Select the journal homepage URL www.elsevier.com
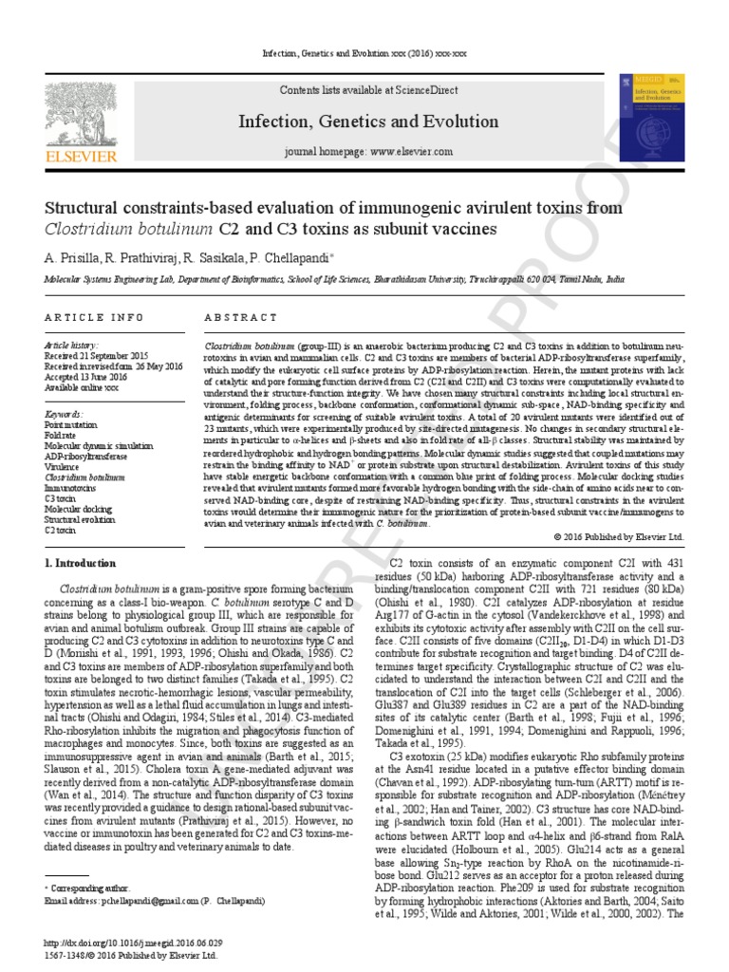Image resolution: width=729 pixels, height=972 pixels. tap(410, 152)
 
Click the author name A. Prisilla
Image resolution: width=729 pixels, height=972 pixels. tap(69, 257)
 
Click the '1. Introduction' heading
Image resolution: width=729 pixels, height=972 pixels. tap(82, 563)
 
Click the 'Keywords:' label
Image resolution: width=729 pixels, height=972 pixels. tap(65, 416)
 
